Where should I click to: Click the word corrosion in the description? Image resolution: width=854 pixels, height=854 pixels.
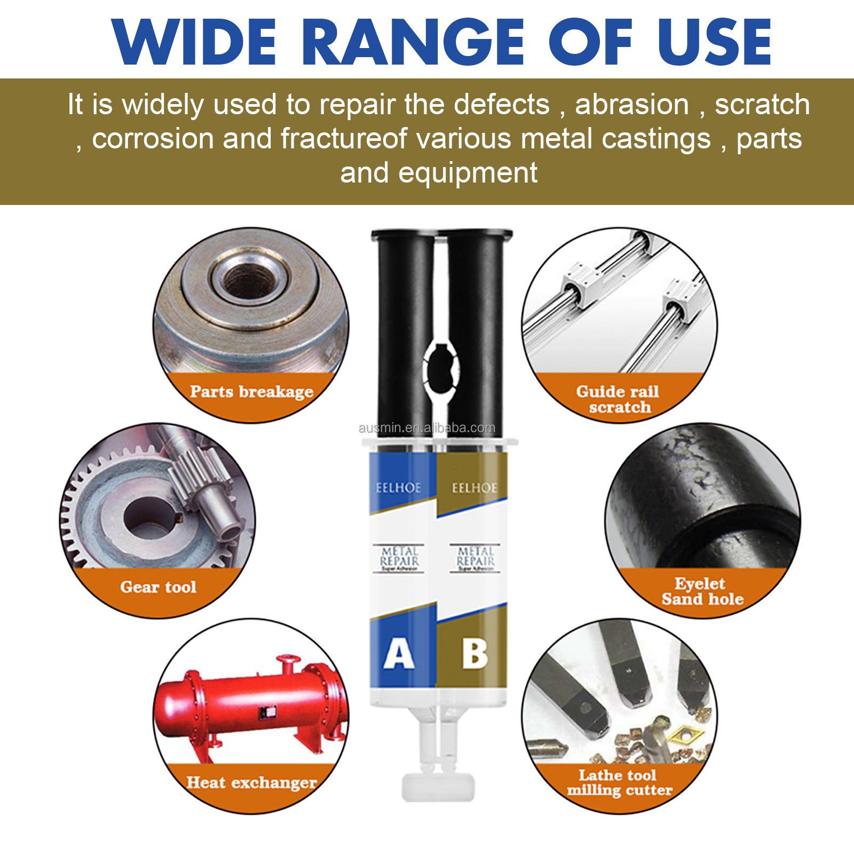pos(153,139)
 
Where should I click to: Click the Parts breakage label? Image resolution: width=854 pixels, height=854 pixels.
pos(251,392)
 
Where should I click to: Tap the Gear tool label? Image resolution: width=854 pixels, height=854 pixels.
pos(158,587)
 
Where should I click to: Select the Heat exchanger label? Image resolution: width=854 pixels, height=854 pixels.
pos(251,782)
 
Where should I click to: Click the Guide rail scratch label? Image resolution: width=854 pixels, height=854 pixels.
pos(619,399)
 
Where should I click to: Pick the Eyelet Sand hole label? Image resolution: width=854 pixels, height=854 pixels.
pos(702,591)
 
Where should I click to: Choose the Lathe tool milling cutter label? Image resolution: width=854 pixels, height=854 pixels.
pos(619,782)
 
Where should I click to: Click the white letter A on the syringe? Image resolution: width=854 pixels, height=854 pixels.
pos(399,654)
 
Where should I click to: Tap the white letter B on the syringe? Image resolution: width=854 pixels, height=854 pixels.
pos(475,654)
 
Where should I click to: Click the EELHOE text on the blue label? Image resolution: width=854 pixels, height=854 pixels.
pos(398,488)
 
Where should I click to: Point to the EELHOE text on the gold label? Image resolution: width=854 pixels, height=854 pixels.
pos(475,488)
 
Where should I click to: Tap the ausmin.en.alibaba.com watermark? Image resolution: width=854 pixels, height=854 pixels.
pos(427,428)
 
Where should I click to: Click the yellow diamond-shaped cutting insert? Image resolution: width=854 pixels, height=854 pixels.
pos(684,737)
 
